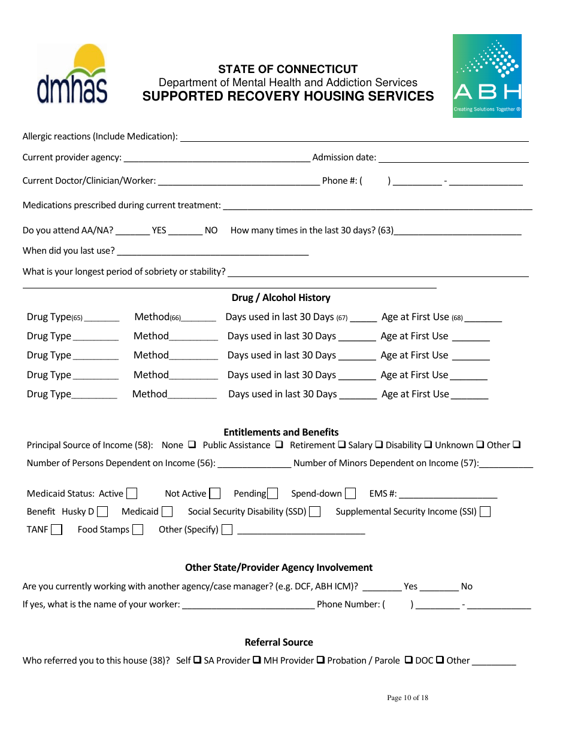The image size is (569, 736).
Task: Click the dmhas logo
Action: coord(72,75)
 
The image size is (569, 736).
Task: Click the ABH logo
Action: coord(487,76)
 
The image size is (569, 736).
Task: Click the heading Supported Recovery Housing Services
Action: coord(288,96)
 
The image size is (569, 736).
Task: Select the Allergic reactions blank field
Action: coord(354,137)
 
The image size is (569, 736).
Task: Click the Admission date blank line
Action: coord(453,158)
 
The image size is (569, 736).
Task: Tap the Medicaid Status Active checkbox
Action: coord(132,494)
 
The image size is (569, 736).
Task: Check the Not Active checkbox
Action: coord(215,494)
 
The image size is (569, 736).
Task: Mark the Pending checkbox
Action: coord(273,494)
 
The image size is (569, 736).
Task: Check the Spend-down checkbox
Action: coord(350,494)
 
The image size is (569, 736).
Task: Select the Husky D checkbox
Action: coord(102,512)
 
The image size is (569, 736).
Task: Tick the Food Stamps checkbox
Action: coord(138,530)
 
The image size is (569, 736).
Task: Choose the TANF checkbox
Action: coord(56,530)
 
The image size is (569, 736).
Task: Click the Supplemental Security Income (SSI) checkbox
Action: coord(485,512)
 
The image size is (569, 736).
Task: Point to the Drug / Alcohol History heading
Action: coord(281,298)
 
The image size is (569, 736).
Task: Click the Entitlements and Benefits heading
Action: coord(281,432)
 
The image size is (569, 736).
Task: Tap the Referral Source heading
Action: coord(279,642)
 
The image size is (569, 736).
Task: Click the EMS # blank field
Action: coord(448,494)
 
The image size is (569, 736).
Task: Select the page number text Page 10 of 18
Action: coord(407,698)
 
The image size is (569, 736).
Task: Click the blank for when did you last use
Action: coord(213,251)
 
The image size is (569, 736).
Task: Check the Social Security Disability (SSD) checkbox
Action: coord(315,512)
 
